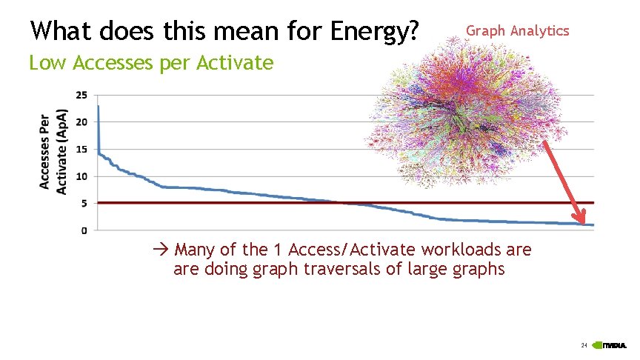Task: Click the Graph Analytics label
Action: point(517,30)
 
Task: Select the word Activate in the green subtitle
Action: point(234,63)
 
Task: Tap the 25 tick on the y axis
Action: point(81,95)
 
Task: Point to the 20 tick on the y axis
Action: point(81,122)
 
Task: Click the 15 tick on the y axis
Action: point(81,150)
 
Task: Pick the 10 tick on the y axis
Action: point(81,176)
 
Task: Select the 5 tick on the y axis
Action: point(84,204)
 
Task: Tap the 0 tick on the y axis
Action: point(84,230)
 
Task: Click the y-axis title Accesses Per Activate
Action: point(53,152)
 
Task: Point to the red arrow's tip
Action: point(584,224)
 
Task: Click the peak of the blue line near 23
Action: point(99,107)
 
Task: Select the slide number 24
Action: point(584,346)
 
